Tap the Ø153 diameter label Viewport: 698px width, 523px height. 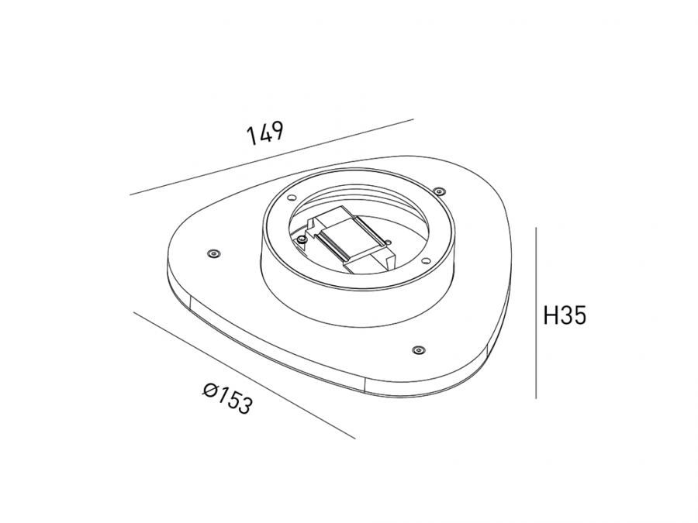click(x=227, y=398)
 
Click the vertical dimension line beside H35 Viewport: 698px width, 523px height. click(x=536, y=313)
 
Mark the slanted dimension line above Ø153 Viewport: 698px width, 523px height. click(x=244, y=375)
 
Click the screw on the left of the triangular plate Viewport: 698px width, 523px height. click(x=213, y=253)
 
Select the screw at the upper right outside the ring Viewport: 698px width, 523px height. click(x=439, y=191)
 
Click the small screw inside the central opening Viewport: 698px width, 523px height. click(x=302, y=239)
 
